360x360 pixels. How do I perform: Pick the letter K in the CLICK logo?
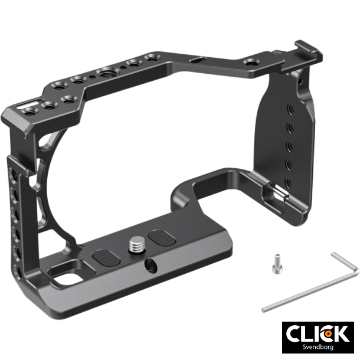(x=341, y=334)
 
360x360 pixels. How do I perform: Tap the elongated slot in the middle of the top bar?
(x=195, y=59)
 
